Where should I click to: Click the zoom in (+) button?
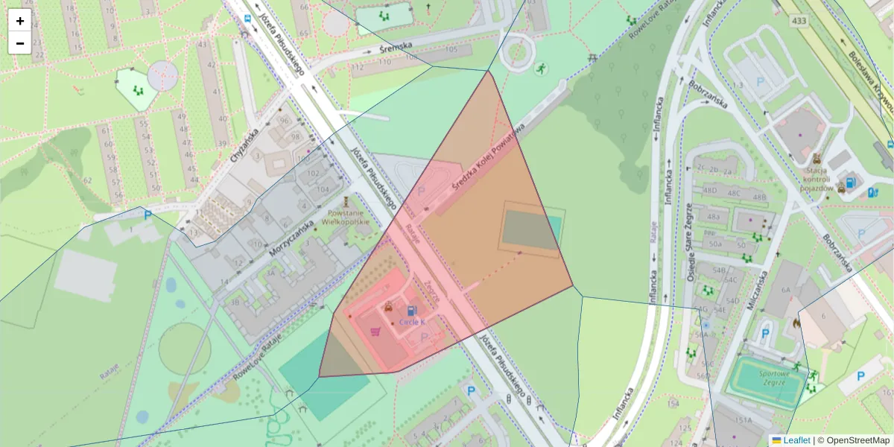coord(20,21)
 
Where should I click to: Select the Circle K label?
coord(412,322)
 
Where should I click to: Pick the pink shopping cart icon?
coord(375,332)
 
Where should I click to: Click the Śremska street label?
coord(396,46)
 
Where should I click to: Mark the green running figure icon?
coord(539,69)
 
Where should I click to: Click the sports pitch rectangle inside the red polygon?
coord(530,229)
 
